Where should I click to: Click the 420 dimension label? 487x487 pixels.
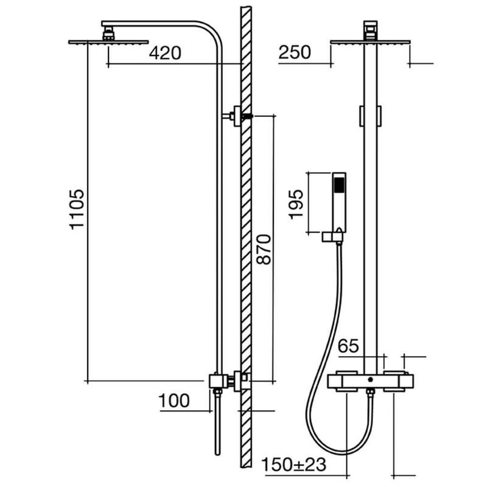point(165,53)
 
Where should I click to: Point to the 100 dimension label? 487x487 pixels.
point(175,401)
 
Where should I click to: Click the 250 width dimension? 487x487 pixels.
point(295,52)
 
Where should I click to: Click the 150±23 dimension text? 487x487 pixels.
point(295,465)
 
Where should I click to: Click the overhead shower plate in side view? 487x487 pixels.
point(108,42)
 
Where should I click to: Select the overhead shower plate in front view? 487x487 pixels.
point(370,42)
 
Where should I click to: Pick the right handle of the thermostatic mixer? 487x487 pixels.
point(398,381)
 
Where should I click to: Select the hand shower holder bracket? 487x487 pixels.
point(334,237)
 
